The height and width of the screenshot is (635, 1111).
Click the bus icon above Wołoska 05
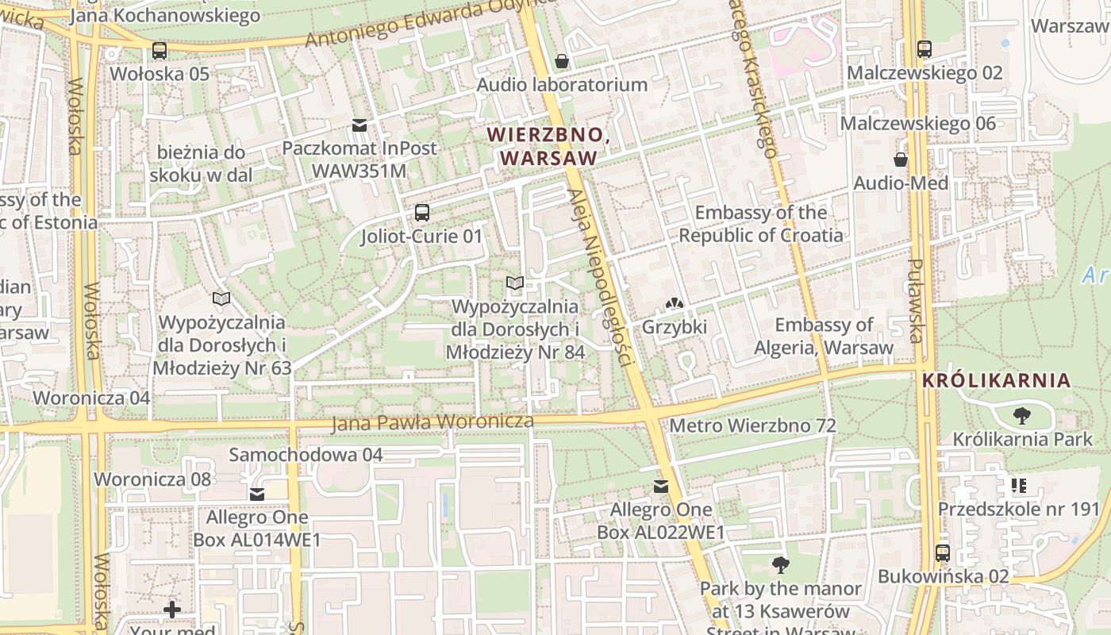coord(160,51)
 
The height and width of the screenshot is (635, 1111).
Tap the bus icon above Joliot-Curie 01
coord(421,213)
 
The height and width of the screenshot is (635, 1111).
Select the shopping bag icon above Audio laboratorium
coord(562,61)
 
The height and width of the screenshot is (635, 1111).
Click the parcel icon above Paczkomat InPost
coord(359,125)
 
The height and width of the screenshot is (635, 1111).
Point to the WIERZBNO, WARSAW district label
coord(548,147)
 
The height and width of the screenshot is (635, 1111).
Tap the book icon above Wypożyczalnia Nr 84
coord(515,283)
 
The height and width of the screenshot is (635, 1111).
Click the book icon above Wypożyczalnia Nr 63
coord(221,299)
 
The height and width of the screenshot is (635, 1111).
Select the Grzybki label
coord(674,327)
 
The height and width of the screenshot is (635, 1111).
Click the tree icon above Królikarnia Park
coord(1021,415)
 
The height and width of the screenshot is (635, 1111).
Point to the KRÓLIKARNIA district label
coord(996,381)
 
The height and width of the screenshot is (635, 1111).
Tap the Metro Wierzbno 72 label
coord(752,426)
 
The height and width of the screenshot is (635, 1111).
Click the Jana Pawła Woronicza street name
coord(432,422)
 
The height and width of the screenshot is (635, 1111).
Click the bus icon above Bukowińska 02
coord(943,553)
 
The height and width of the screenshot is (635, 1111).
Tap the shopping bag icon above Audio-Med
coord(901,160)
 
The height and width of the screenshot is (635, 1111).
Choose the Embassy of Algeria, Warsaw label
coord(823,336)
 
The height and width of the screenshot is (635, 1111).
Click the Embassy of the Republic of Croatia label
coord(760,224)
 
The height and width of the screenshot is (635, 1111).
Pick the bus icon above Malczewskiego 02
coord(925,49)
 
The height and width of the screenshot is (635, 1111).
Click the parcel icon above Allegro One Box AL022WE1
coord(660,487)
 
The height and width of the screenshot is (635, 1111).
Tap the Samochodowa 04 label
coord(306,455)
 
